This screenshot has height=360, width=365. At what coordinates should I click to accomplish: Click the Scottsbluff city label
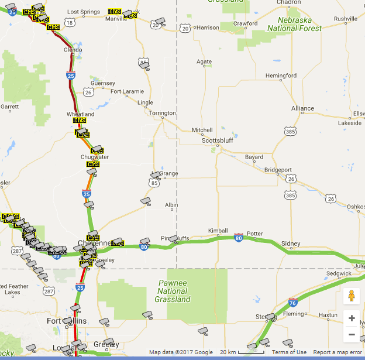pyautogui.click(x=217, y=140)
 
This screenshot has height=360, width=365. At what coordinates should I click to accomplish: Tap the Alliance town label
pyautogui.click(x=302, y=108)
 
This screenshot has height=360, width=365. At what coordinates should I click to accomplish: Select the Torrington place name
pyautogui.click(x=162, y=113)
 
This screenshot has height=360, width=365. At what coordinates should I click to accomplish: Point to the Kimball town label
pyautogui.click(x=218, y=231)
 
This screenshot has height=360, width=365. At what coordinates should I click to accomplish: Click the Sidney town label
pyautogui.click(x=291, y=244)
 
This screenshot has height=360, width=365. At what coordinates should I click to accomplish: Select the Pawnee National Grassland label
pyautogui.click(x=173, y=291)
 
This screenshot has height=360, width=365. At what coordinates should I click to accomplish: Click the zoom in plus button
pyautogui.click(x=352, y=318)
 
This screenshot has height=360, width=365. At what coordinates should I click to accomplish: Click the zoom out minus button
pyautogui.click(x=352, y=335)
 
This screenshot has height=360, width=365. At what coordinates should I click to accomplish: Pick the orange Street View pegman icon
pyautogui.click(x=352, y=296)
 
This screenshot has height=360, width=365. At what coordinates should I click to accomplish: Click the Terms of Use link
pyautogui.click(x=289, y=352)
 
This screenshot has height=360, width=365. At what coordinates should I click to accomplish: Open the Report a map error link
pyautogui.click(x=338, y=352)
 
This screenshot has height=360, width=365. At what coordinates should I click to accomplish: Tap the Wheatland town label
pyautogui.click(x=80, y=114)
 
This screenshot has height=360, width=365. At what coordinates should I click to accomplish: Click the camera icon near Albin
pyautogui.click(x=146, y=201)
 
